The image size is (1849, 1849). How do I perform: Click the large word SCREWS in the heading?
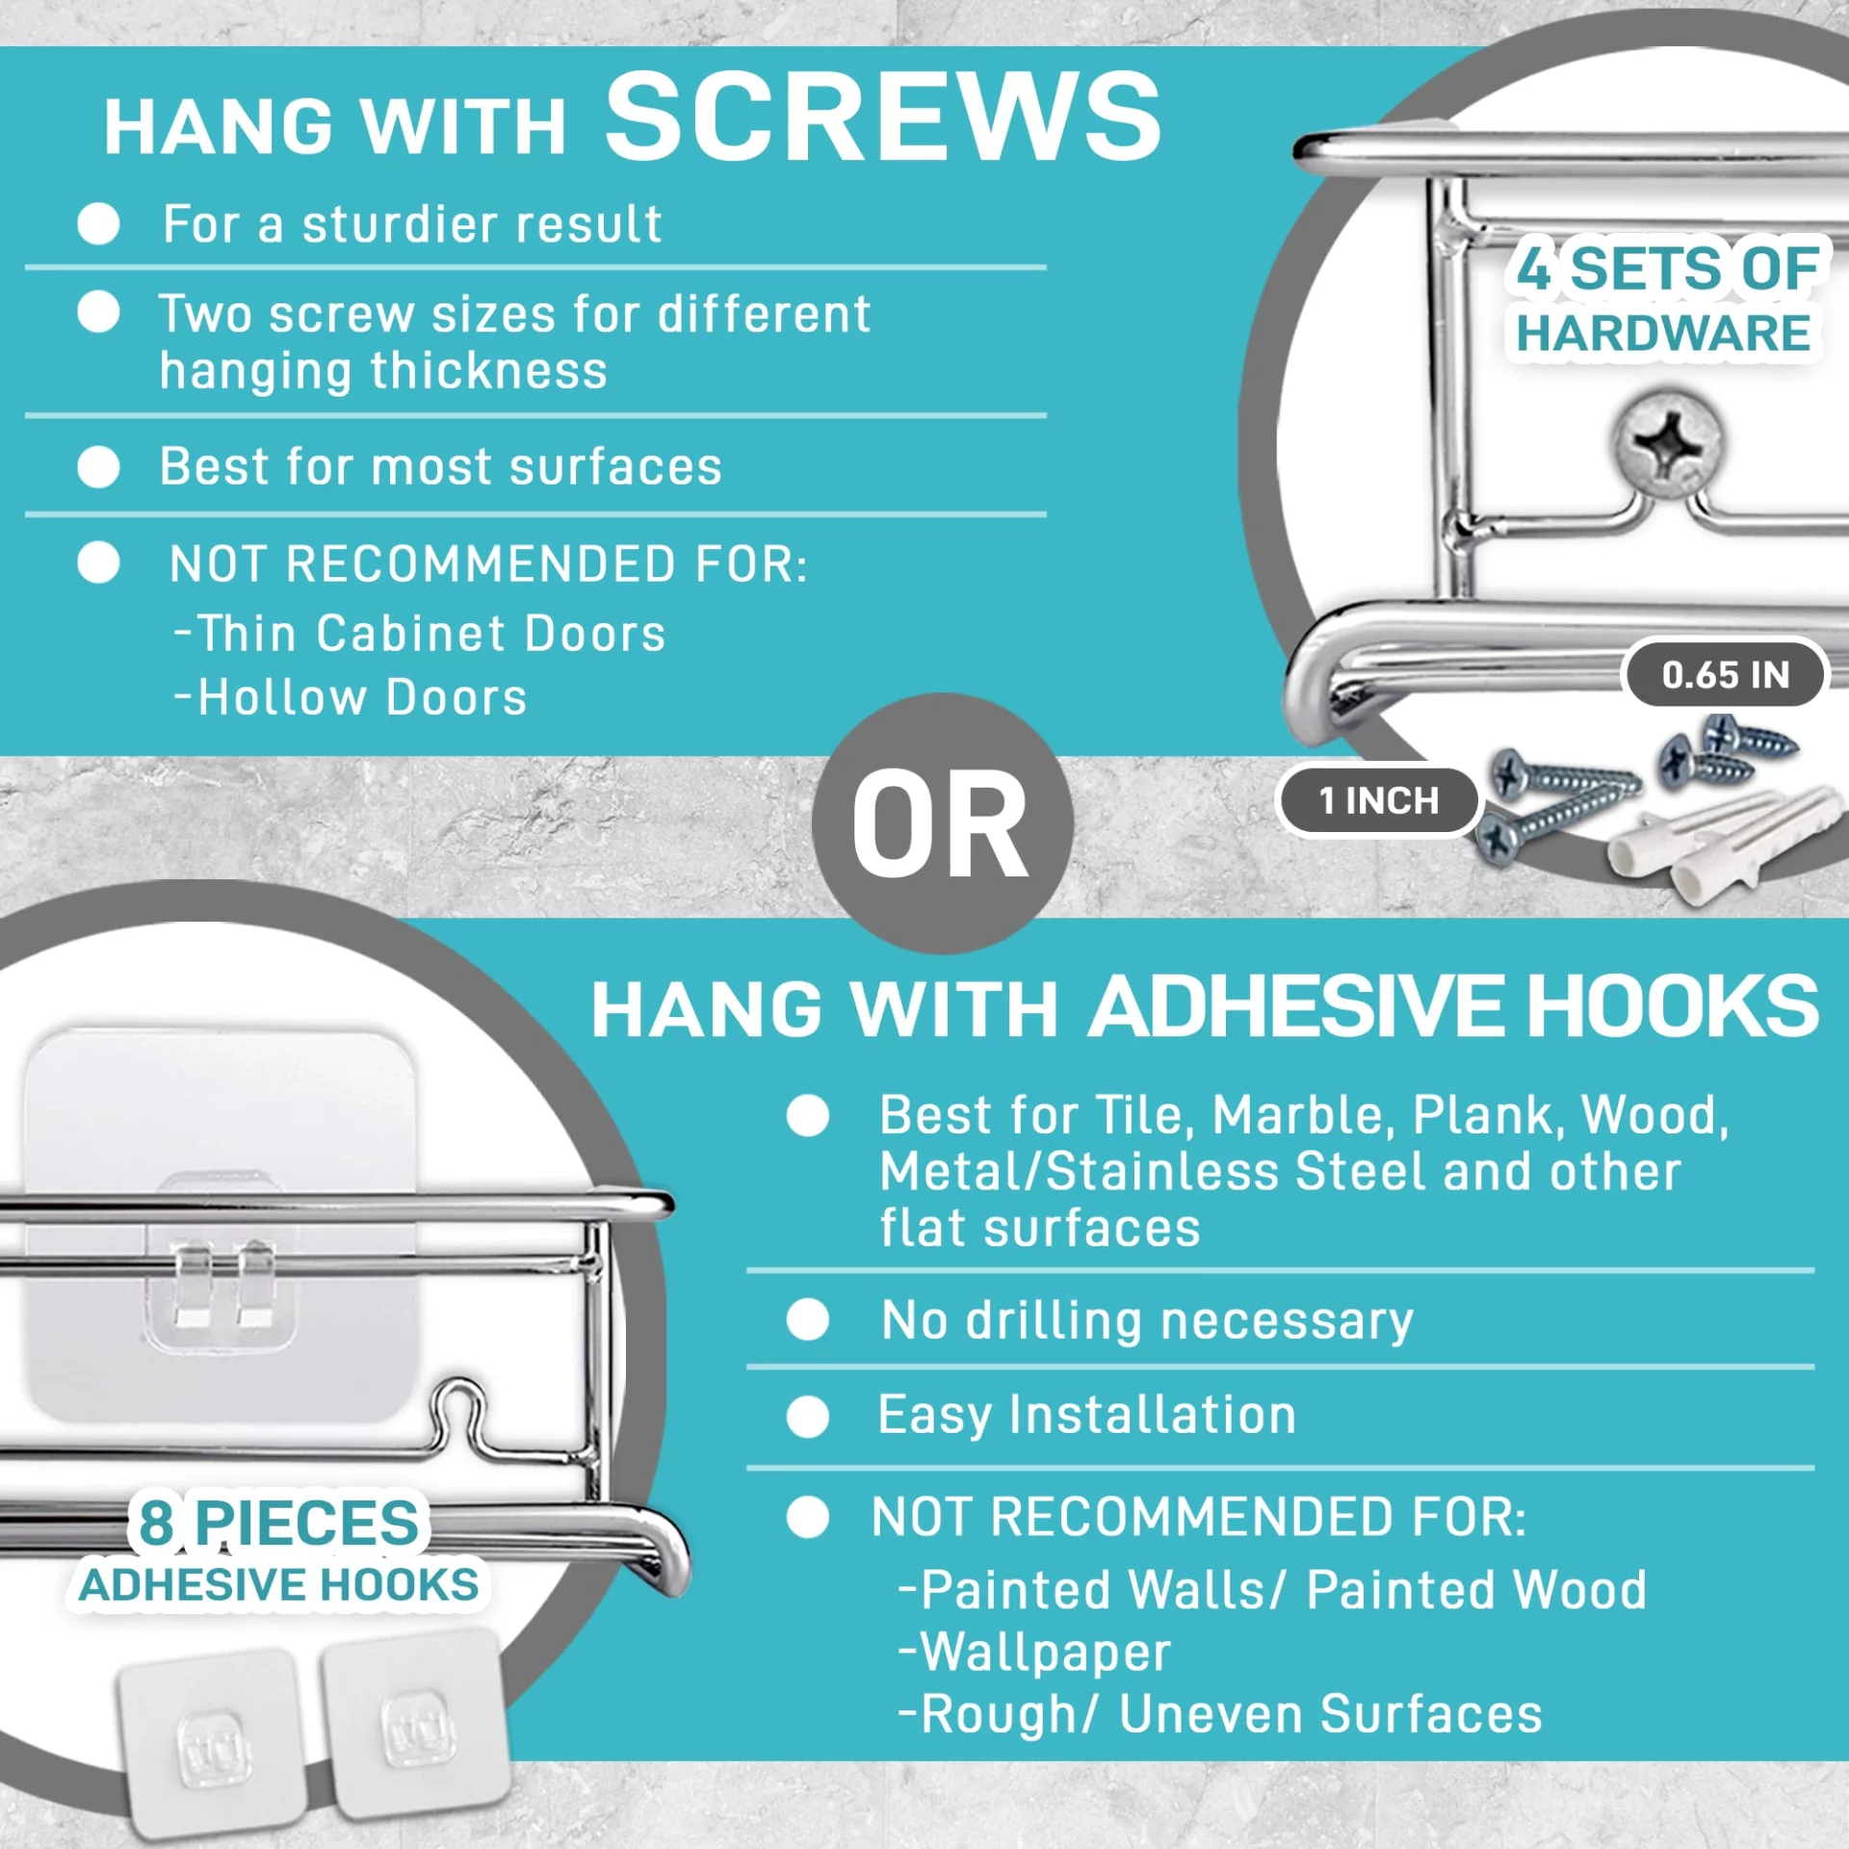[882, 117]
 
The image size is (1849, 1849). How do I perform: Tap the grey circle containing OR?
[942, 823]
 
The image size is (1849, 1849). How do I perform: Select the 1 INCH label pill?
[1378, 800]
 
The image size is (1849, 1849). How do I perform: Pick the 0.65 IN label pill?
[1725, 674]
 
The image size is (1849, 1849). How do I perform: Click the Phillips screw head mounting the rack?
[1667, 444]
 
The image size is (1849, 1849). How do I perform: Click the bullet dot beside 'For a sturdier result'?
[98, 224]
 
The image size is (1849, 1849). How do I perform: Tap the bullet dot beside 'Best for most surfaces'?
[98, 467]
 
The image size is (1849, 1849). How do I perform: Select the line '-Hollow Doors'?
[351, 697]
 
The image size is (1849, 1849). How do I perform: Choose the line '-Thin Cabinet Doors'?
[420, 634]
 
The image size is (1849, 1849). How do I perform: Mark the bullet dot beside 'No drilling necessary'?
[807, 1319]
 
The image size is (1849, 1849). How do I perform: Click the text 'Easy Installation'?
[1087, 1416]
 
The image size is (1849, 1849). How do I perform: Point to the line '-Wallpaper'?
[1034, 1653]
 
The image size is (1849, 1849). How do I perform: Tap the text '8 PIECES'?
[279, 1523]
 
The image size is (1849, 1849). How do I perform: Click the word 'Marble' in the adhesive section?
[1299, 1116]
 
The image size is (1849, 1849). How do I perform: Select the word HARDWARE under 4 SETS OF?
[1663, 333]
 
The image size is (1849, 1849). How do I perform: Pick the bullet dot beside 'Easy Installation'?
[807, 1417]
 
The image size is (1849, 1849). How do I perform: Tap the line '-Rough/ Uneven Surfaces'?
[1220, 1715]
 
